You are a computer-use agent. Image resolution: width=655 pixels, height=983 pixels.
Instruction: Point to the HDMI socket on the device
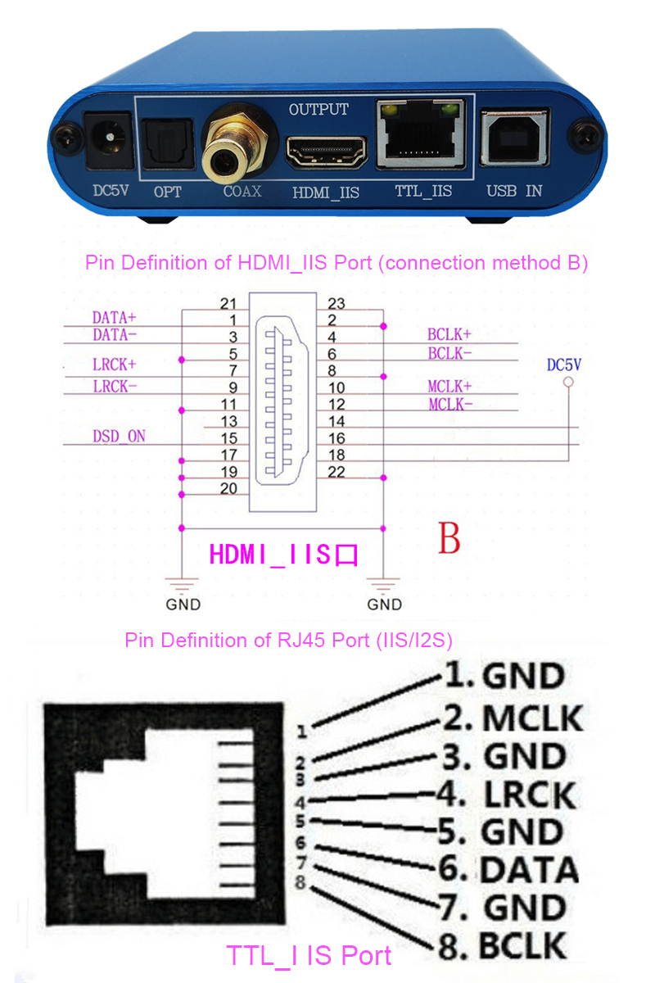click(x=326, y=152)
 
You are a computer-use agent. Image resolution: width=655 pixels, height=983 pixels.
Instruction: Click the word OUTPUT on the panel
click(x=318, y=109)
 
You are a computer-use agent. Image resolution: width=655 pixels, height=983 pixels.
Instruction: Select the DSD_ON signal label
click(x=119, y=437)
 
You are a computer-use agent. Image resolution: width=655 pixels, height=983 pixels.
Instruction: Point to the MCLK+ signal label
click(x=449, y=386)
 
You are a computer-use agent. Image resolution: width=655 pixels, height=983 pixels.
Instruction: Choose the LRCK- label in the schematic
click(x=115, y=387)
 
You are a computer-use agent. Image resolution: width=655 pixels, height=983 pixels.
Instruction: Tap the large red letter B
click(x=449, y=539)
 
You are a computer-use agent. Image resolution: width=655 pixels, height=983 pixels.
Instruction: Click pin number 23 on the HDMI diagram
click(x=336, y=304)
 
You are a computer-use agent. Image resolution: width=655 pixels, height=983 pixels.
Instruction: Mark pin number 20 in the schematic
click(x=229, y=488)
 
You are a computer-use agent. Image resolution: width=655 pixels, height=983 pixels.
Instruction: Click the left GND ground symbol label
click(x=183, y=605)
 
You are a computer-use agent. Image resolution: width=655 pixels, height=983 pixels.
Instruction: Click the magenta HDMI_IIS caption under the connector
click(x=283, y=555)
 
